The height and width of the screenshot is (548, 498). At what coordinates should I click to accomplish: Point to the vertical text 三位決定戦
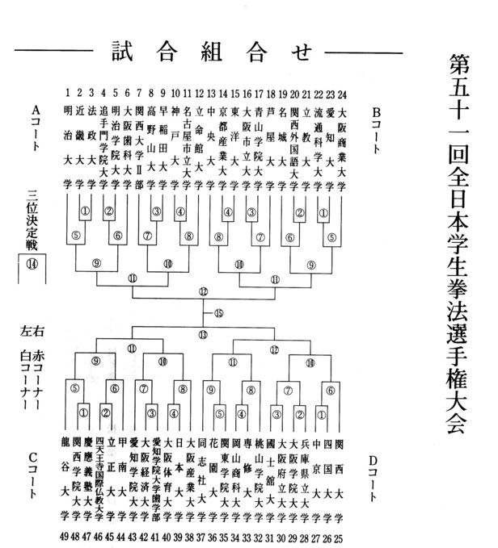(32, 220)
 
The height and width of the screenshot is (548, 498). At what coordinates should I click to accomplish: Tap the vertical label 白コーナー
(32, 379)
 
